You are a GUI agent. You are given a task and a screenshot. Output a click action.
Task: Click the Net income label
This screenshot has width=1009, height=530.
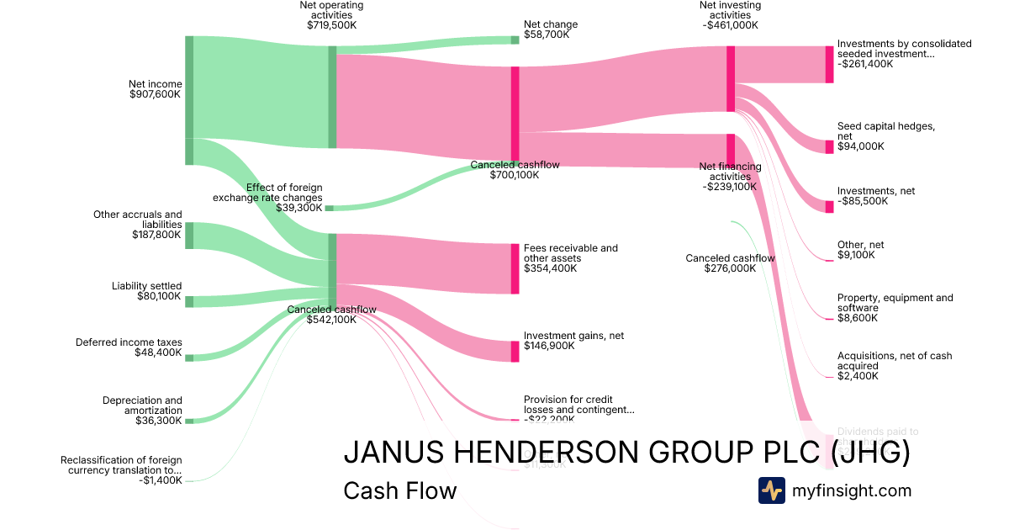tap(155, 89)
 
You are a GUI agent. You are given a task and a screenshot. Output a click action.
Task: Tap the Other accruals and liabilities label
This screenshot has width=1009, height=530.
tap(138, 225)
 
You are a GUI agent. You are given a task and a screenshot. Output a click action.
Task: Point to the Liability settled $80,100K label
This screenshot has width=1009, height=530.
tap(146, 291)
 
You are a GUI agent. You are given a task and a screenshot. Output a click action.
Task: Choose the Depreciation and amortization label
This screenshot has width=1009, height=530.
tap(142, 411)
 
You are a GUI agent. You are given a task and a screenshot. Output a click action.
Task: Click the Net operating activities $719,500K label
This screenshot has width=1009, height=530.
tap(331, 16)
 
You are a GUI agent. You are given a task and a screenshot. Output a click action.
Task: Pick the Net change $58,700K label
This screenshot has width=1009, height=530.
tap(551, 30)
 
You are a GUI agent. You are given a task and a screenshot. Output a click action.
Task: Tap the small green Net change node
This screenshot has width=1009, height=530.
tap(515, 40)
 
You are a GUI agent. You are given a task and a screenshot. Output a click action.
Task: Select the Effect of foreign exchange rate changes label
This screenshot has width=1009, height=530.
tap(280, 198)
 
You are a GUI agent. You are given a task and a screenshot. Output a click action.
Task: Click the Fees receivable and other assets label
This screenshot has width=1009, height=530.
tap(570, 258)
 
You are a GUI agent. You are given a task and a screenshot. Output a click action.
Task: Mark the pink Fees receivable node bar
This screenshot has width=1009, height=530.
tap(515, 268)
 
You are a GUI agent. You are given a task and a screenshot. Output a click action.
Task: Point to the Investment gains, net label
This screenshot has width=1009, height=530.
tap(573, 341)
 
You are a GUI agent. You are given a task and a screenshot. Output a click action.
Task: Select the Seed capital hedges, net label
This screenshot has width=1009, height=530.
tap(885, 136)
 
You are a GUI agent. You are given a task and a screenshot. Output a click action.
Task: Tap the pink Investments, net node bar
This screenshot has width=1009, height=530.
tap(830, 207)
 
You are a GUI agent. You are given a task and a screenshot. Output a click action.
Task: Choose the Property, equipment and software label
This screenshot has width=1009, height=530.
tap(895, 308)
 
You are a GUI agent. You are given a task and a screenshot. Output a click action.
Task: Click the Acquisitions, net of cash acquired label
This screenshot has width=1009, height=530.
tap(895, 366)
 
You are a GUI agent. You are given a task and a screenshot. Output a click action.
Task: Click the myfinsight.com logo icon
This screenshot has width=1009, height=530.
tap(771, 490)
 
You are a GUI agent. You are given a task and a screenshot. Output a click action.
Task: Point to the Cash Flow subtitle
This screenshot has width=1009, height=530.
tap(399, 490)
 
